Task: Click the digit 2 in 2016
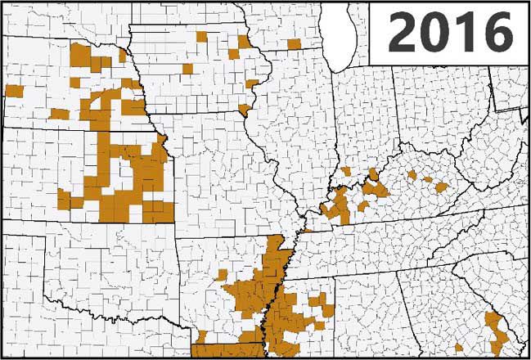(401, 34)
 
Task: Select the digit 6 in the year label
(494, 34)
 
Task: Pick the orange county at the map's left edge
(14, 90)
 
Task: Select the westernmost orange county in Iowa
(187, 69)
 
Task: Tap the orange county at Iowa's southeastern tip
(245, 109)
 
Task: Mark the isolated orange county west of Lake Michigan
(293, 43)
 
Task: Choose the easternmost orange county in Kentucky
(441, 187)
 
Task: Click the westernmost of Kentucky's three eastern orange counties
(412, 175)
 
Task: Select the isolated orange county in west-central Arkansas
(221, 274)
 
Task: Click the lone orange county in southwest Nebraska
(60, 114)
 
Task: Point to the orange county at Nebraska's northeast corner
(122, 56)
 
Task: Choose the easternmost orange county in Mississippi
(328, 310)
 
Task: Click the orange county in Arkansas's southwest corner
(201, 335)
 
